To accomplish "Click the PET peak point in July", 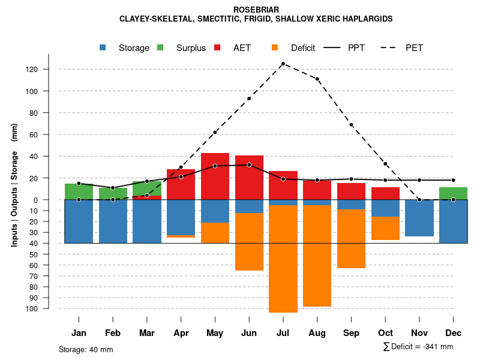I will [283, 64].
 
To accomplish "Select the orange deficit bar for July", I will [283, 259].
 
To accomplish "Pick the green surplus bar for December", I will [453, 193].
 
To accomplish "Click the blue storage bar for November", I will [419, 218].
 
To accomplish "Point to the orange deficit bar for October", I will [385, 228].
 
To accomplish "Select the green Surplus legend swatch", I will [160, 47].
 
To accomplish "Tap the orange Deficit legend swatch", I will [275, 47].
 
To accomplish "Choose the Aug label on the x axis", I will [317, 333].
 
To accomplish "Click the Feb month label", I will [113, 333].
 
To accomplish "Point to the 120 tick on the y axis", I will [32, 70].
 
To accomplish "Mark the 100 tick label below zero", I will [32, 308].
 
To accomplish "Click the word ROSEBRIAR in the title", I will [256, 10].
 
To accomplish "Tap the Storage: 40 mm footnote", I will [86, 349].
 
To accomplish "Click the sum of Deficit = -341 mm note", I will [418, 347].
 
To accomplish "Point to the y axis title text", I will [14, 189].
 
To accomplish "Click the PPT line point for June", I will [249, 164].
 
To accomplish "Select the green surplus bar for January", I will [79, 191].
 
